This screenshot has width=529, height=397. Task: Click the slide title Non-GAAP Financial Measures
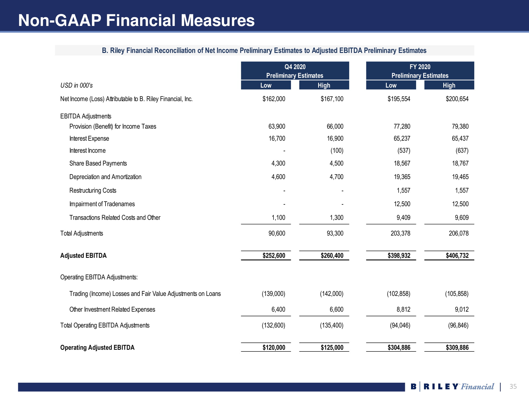136,20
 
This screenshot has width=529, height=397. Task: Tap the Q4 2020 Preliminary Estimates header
295,71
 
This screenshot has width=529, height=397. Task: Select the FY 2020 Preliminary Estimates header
420,71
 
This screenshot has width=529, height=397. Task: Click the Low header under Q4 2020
266,85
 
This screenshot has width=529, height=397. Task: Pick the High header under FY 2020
449,85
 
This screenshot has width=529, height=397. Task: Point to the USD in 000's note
76,85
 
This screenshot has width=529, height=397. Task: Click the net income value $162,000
274,99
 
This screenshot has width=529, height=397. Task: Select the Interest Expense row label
89,138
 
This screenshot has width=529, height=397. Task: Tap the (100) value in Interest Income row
337,151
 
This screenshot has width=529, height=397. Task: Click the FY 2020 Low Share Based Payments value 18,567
402,163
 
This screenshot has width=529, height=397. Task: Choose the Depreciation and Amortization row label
105,177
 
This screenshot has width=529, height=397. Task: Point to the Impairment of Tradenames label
102,204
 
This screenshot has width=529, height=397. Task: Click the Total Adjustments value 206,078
459,233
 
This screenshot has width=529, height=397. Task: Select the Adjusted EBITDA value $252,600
274,256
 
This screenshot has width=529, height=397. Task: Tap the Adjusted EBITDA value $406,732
457,256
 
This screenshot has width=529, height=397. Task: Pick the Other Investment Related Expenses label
112,309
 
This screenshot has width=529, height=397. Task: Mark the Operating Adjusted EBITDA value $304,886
399,348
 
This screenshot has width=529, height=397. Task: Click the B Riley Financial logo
452,387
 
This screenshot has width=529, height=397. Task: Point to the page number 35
513,386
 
